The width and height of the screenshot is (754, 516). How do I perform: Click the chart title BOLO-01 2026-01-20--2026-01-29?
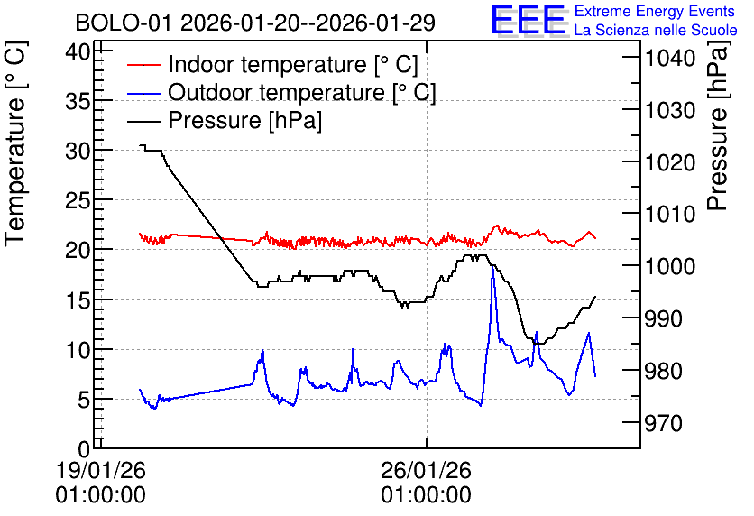point(255,23)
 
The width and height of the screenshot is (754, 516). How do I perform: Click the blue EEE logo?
point(529,21)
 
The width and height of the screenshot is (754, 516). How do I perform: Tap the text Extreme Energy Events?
point(655,11)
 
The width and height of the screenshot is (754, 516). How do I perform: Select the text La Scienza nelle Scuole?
point(656,30)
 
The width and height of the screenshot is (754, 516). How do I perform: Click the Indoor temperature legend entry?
point(272,64)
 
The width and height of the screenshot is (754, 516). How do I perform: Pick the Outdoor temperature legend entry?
point(281,92)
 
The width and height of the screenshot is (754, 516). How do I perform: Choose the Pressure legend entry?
point(225,120)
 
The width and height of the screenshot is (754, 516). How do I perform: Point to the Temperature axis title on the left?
point(15,143)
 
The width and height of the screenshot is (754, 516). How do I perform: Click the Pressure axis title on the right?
point(717,125)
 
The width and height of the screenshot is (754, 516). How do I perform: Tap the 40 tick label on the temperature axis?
point(78,51)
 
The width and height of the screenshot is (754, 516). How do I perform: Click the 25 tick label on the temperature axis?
point(78,200)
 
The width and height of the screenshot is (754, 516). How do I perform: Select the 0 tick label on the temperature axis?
point(84,449)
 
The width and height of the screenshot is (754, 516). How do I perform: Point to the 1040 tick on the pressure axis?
point(670,59)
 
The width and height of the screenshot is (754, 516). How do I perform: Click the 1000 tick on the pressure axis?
point(670,266)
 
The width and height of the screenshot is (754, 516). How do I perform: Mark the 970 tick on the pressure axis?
point(664,423)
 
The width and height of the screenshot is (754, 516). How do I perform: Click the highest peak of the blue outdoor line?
point(492,266)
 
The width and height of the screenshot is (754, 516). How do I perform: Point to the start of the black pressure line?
point(140,145)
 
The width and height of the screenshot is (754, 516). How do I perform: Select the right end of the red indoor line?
point(595,238)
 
